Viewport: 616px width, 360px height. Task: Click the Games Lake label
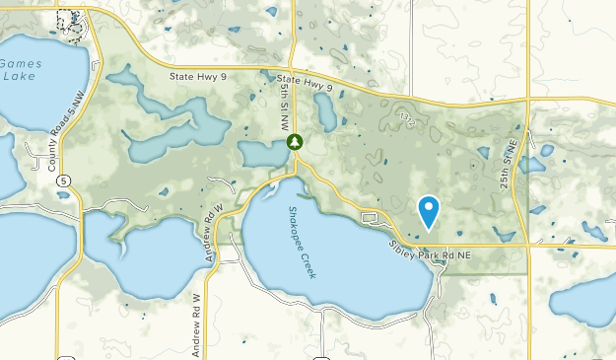point(20,69)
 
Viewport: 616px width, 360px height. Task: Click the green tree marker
point(294,143)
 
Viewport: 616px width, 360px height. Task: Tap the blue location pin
point(429,210)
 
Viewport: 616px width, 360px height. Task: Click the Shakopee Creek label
point(302,242)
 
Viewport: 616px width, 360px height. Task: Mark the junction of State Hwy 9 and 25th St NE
point(528,101)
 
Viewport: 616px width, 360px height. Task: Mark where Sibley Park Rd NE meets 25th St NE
point(528,244)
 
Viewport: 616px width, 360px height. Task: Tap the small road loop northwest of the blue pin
point(371,217)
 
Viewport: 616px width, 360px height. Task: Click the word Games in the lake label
point(20,62)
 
